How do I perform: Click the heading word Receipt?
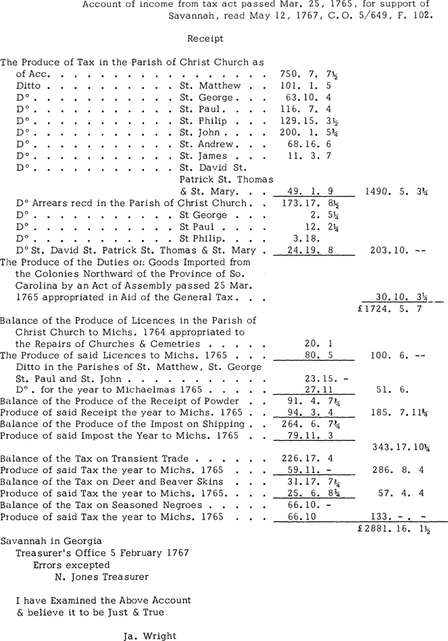click(x=205, y=39)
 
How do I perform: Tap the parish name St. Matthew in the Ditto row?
click(x=210, y=86)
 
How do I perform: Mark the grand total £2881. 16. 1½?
click(x=395, y=530)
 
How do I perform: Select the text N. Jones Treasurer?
click(x=102, y=576)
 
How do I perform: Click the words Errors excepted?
click(x=71, y=565)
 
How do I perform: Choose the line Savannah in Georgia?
click(x=51, y=541)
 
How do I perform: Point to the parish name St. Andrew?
click(x=206, y=144)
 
